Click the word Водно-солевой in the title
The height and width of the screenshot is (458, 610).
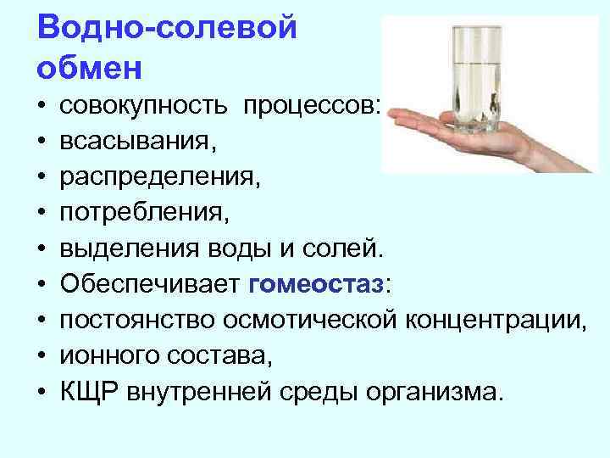tap(168, 28)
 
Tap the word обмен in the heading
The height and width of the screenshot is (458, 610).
tap(90, 64)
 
